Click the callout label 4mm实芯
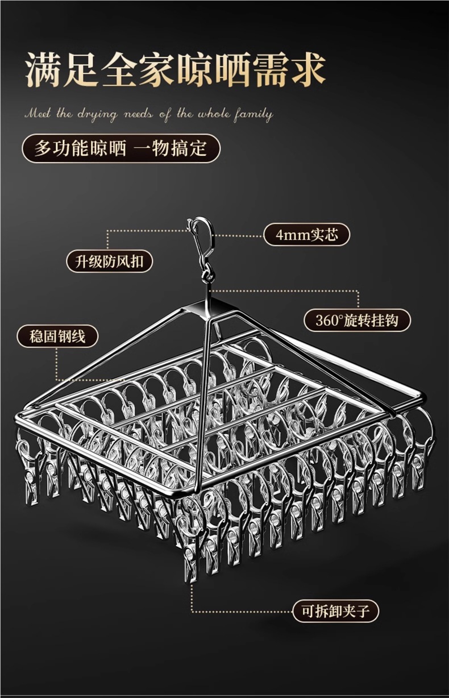(306, 235)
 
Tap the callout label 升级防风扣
(110, 261)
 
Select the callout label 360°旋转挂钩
(357, 320)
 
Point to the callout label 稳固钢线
(57, 336)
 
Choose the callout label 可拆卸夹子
(335, 612)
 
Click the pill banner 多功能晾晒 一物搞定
(120, 149)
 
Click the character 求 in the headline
(307, 70)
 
